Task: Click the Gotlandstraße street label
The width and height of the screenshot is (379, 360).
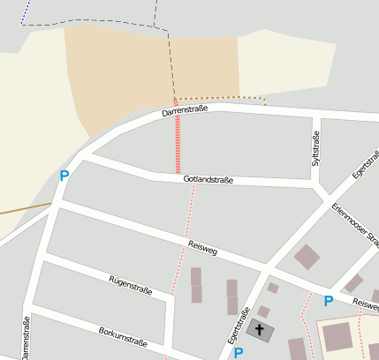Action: [x=208, y=180]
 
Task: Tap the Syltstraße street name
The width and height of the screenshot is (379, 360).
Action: [x=315, y=148]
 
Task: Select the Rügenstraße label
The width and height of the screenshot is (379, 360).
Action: [x=131, y=285]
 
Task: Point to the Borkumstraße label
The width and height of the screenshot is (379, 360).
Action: [x=122, y=337]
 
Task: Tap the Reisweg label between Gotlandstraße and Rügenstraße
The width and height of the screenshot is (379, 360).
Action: [x=202, y=248]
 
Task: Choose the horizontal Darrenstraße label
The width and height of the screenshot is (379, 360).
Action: [x=185, y=111]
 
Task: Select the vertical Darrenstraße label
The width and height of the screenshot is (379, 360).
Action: [x=26, y=338]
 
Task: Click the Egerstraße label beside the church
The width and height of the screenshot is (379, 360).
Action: [x=234, y=326]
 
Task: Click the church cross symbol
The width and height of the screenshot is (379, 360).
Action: [x=260, y=331]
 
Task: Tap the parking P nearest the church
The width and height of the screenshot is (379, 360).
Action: [x=239, y=353]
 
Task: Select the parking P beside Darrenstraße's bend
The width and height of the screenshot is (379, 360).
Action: [x=64, y=176]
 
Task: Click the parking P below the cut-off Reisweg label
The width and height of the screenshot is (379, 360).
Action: [x=329, y=301]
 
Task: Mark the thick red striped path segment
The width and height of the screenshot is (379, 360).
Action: [x=178, y=141]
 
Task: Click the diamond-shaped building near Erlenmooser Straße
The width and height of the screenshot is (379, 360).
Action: [x=307, y=257]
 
